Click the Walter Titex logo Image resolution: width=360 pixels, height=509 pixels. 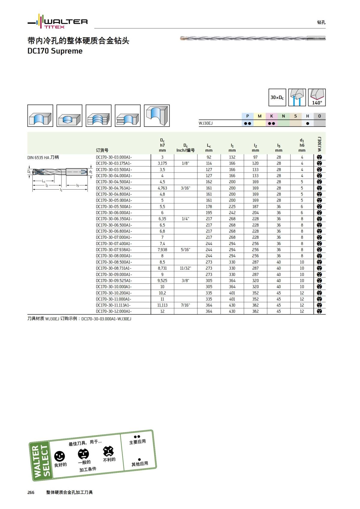58,22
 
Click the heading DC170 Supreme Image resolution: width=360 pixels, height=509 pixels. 55,51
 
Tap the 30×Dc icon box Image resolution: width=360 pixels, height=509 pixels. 277,97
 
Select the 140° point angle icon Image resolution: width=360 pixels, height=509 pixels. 317,97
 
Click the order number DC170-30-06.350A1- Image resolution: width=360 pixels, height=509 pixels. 114,219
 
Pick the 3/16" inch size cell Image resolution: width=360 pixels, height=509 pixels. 185,188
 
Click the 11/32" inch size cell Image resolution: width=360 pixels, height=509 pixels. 185,268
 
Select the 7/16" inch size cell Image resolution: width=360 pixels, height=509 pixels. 185,305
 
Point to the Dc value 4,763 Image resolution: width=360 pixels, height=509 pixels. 162,188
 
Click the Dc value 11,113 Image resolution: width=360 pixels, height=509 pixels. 162,305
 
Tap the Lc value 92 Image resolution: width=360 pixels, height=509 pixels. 209,157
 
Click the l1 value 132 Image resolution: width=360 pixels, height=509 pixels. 232,157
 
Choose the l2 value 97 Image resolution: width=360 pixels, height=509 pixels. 255,157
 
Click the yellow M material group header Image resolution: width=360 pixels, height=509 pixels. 259,116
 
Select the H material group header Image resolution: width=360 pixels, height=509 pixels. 307,116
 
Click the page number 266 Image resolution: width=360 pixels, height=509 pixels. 31,493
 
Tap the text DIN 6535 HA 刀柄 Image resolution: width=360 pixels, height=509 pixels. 43,157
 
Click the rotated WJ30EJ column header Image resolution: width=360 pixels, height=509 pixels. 319,144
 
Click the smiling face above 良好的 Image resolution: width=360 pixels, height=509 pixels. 59,457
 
